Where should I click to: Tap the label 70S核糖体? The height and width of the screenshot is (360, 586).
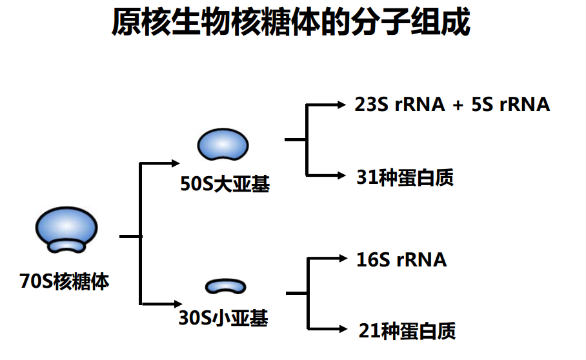click(x=65, y=282)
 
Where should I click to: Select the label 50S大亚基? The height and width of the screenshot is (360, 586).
click(x=225, y=185)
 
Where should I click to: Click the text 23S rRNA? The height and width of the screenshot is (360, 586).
click(x=399, y=105)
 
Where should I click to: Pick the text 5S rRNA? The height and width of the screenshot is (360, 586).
click(x=510, y=105)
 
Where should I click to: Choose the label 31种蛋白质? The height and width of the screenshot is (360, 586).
click(x=405, y=177)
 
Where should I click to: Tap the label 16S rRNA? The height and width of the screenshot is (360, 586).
click(x=401, y=259)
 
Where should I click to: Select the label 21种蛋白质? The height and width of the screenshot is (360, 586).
click(x=407, y=331)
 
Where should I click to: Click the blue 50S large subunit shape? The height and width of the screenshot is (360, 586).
click(x=223, y=145)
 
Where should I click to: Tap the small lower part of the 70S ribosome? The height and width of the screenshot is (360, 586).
click(x=67, y=246)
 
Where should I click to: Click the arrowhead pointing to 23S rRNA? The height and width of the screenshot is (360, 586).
click(x=342, y=104)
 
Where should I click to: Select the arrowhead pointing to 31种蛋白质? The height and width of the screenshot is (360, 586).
click(x=342, y=175)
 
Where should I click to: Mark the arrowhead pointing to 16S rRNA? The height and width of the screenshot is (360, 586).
click(x=343, y=259)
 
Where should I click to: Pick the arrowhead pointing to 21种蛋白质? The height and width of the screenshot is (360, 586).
click(x=343, y=330)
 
